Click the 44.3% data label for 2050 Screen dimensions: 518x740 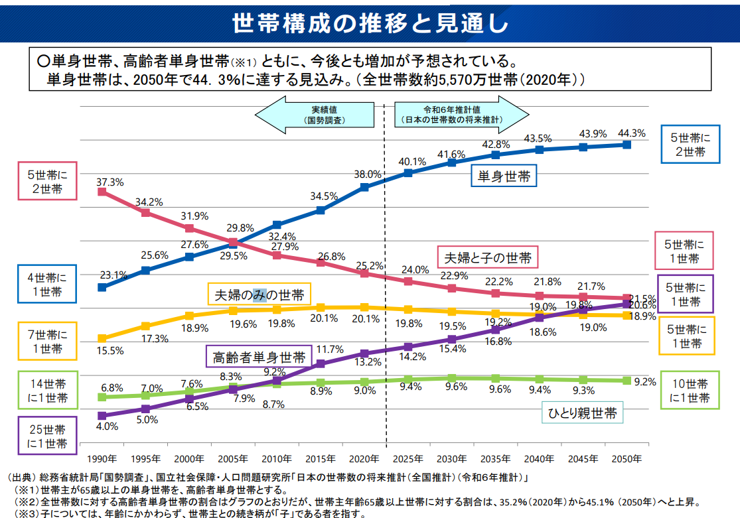tap(631, 133)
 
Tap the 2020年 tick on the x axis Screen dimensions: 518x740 tap(364, 459)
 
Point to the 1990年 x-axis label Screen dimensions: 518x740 tap(102, 459)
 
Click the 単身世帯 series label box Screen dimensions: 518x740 tap(504, 176)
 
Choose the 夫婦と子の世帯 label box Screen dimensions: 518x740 tap(488, 257)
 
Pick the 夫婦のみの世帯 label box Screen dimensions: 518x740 tap(259, 294)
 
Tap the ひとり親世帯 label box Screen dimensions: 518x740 tap(581, 414)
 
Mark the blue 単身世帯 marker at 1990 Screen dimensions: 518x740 tap(102, 287)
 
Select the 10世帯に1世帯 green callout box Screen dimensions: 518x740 tap(690, 391)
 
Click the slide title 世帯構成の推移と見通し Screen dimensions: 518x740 tap(370, 23)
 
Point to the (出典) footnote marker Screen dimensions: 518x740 tap(20, 478)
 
